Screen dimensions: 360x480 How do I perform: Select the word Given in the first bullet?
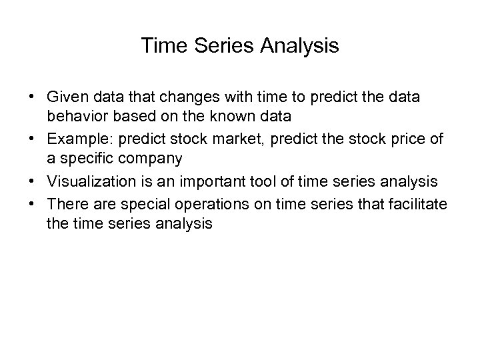[65, 97]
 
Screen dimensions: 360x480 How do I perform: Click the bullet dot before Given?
[32, 97]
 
